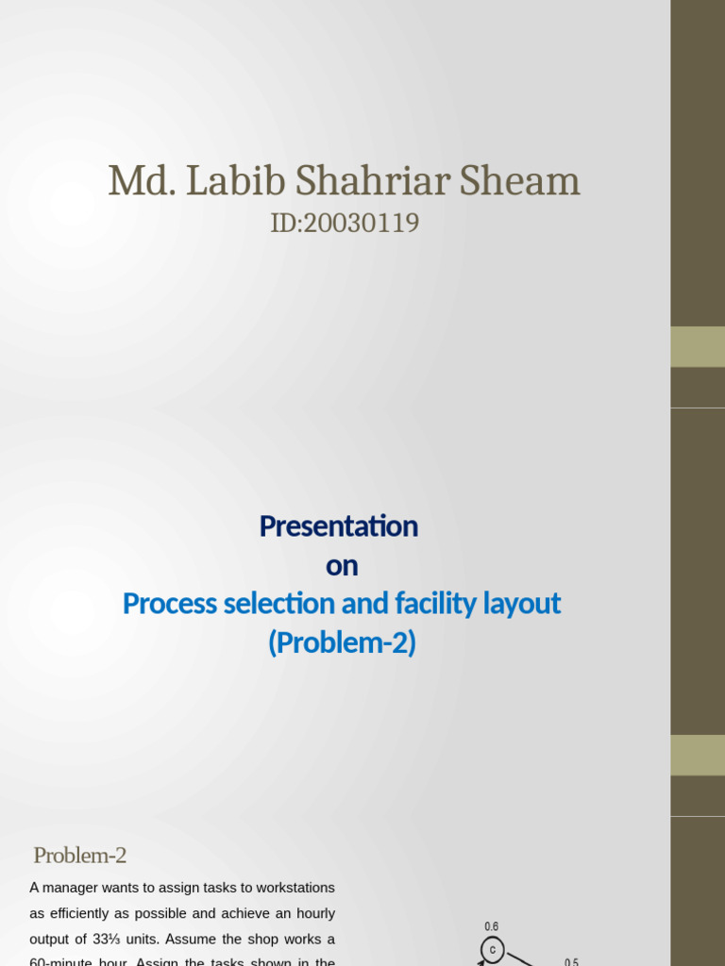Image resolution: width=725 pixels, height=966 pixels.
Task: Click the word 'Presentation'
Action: pyautogui.click(x=339, y=525)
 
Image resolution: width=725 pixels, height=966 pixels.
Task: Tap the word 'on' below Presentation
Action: pyautogui.click(x=342, y=565)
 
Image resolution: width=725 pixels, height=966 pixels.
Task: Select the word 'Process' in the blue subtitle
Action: pyautogui.click(x=171, y=604)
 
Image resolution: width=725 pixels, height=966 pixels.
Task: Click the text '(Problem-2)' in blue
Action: pyautogui.click(x=342, y=643)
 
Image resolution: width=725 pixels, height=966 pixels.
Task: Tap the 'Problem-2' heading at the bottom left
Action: pyautogui.click(x=79, y=856)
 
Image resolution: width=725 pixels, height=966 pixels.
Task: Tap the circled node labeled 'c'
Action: pyautogui.click(x=493, y=949)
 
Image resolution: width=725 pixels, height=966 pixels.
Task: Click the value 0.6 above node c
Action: pyautogui.click(x=491, y=927)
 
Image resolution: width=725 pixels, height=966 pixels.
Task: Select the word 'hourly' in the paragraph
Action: pyautogui.click(x=314, y=913)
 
